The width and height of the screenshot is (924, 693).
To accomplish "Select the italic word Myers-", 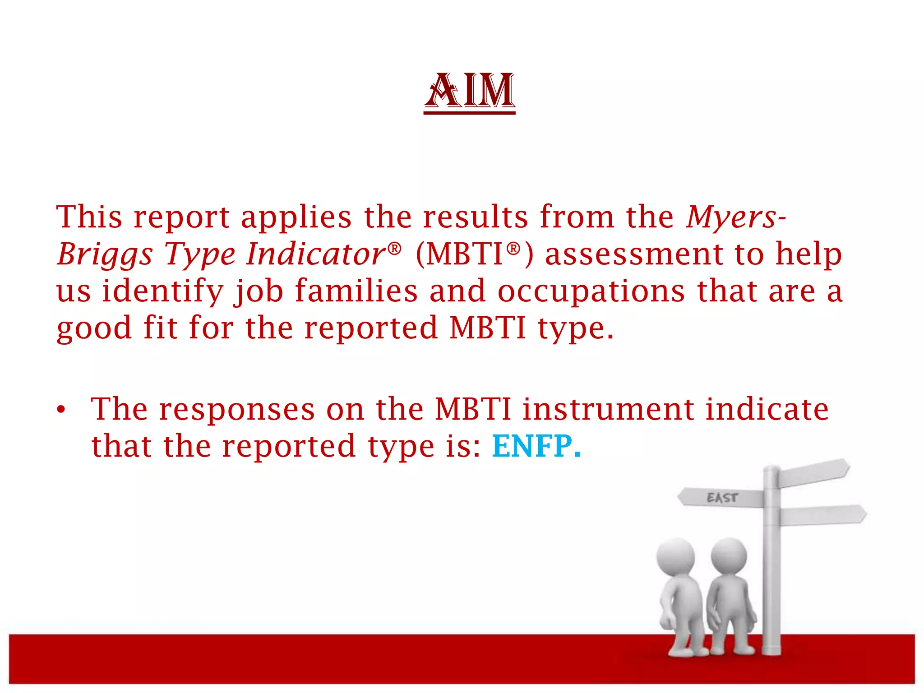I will tap(735, 217).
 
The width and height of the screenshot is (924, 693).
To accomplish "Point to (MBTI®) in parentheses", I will tap(474, 254).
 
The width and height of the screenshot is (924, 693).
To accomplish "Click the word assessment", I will tap(634, 254).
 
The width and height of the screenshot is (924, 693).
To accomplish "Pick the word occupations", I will tap(591, 291).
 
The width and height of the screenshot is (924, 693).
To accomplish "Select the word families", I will tap(356, 291).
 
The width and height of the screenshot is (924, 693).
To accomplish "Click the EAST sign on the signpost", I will tap(722, 498).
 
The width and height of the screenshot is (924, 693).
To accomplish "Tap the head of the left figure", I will tap(675, 557).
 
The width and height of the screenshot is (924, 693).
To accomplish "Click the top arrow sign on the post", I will tap(814, 473).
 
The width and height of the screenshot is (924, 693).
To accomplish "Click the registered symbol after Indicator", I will tap(394, 248).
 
